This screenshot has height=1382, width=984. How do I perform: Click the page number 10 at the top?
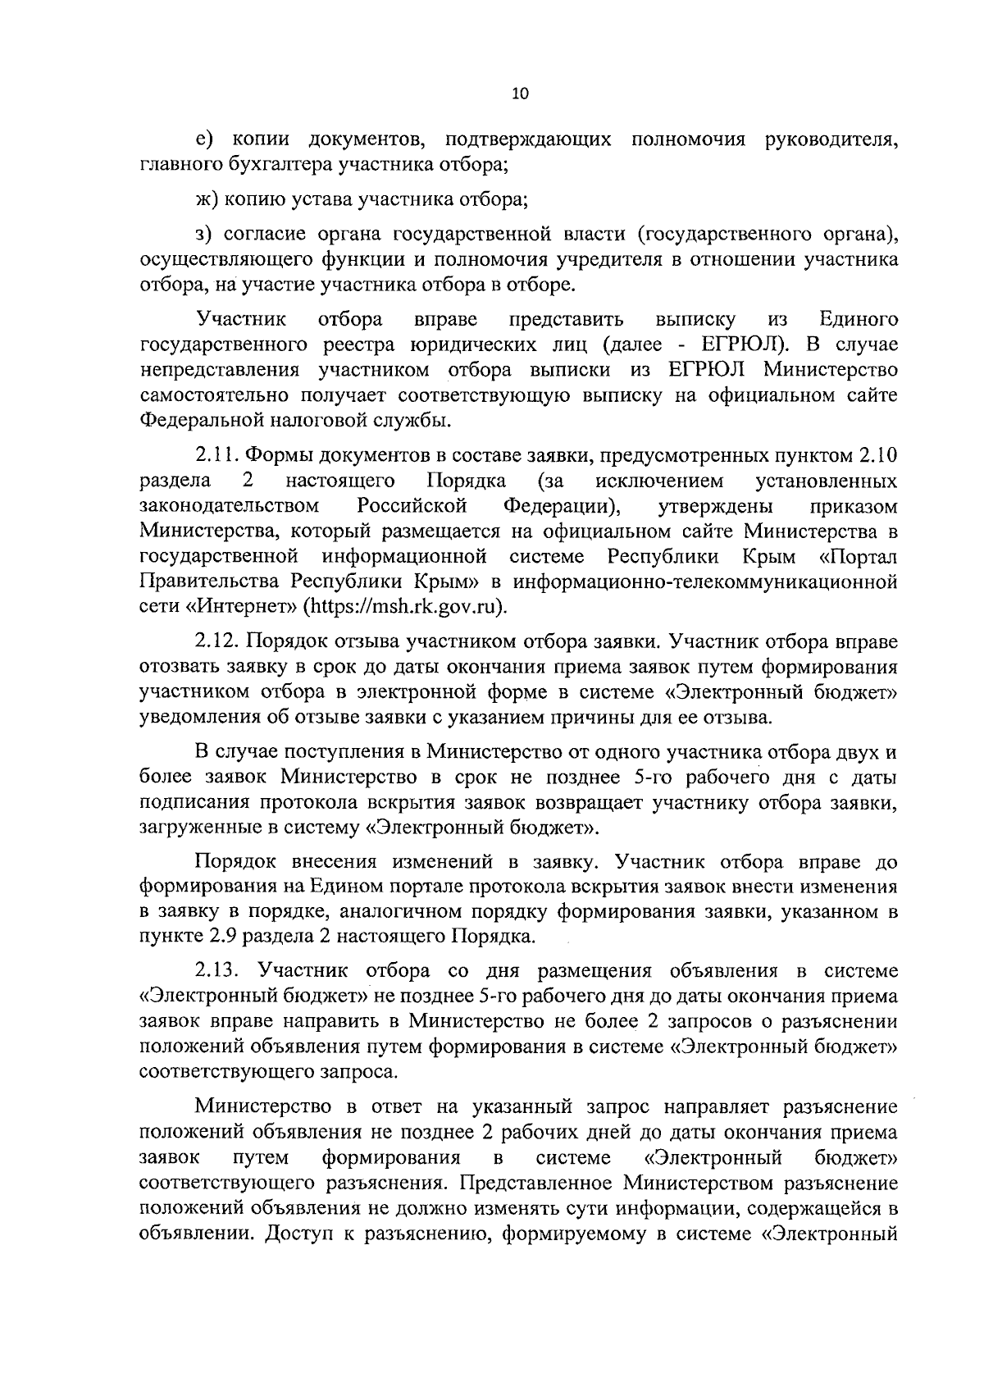520,94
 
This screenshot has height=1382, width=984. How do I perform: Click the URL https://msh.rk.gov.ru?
401,608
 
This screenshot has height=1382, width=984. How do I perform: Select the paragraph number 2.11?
217,454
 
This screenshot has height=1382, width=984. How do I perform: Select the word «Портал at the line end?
858,557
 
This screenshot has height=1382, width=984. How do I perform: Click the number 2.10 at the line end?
877,454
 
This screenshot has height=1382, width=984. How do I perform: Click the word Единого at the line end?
859,318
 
